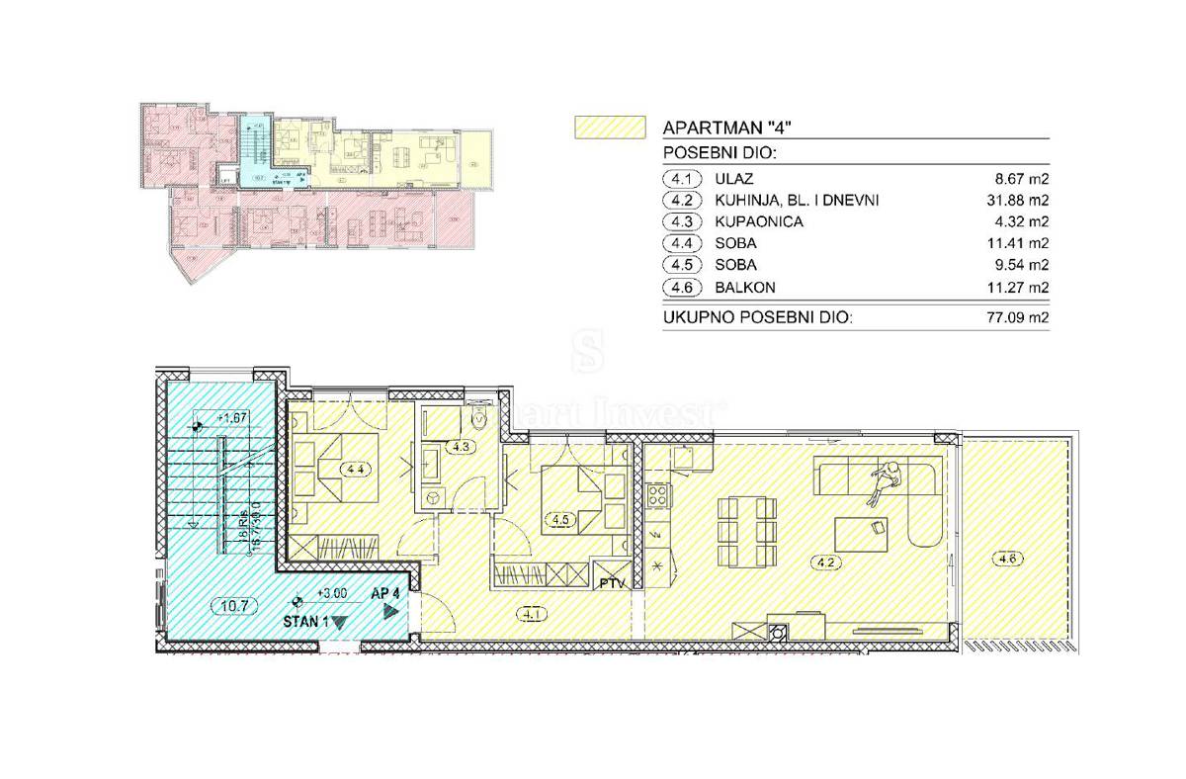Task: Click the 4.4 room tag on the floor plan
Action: (353, 470)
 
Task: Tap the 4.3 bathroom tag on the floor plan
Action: (460, 447)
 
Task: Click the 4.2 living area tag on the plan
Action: (826, 564)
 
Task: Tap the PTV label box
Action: (612, 583)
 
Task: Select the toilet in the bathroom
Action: (481, 419)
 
